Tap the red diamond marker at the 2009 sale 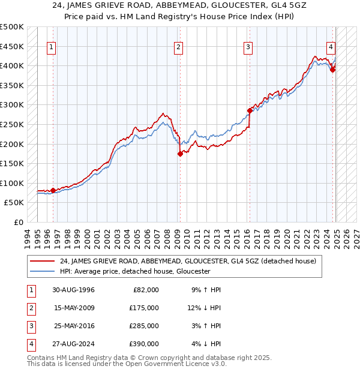(179, 154)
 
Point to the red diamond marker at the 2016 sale (250, 110)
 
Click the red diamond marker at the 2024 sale (332, 69)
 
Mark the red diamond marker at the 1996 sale (53, 190)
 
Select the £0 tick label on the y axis (19, 222)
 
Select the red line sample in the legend (42, 261)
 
